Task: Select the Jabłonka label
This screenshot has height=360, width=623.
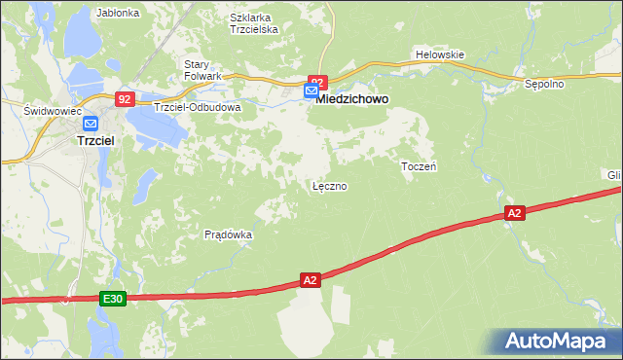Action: pos(119,14)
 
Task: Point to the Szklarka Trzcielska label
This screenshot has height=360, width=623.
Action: pos(254,23)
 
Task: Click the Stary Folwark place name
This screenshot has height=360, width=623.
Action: pos(203,69)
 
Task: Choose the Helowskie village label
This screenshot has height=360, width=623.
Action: pos(439,54)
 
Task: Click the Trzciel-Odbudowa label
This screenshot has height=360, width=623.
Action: pos(197,107)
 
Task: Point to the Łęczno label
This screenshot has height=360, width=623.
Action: pos(329,185)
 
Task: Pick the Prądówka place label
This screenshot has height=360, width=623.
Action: pos(229,234)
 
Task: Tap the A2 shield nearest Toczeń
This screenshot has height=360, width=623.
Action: pos(515,212)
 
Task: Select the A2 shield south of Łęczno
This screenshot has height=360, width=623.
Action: pos(310,280)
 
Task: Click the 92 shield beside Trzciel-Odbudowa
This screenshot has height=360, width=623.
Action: pos(124,99)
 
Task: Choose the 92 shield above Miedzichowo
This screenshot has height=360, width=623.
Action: pos(317,81)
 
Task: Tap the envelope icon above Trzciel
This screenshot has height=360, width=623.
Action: pos(91,124)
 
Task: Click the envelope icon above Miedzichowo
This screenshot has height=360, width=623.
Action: pos(311,91)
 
